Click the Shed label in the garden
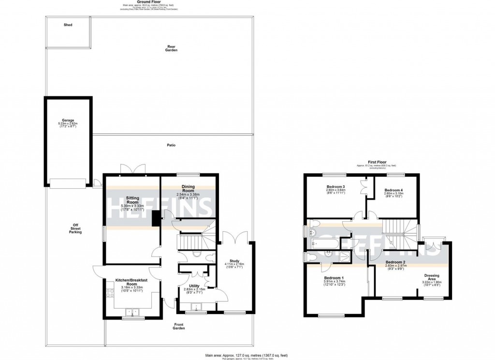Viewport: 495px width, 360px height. click(68, 25)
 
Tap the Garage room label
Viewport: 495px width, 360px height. click(67, 120)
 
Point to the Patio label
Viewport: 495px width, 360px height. click(171, 145)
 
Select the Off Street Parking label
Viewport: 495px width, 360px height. click(75, 227)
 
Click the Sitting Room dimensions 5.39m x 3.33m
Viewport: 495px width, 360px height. click(132, 207)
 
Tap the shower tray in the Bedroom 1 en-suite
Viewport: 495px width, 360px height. click(345, 257)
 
